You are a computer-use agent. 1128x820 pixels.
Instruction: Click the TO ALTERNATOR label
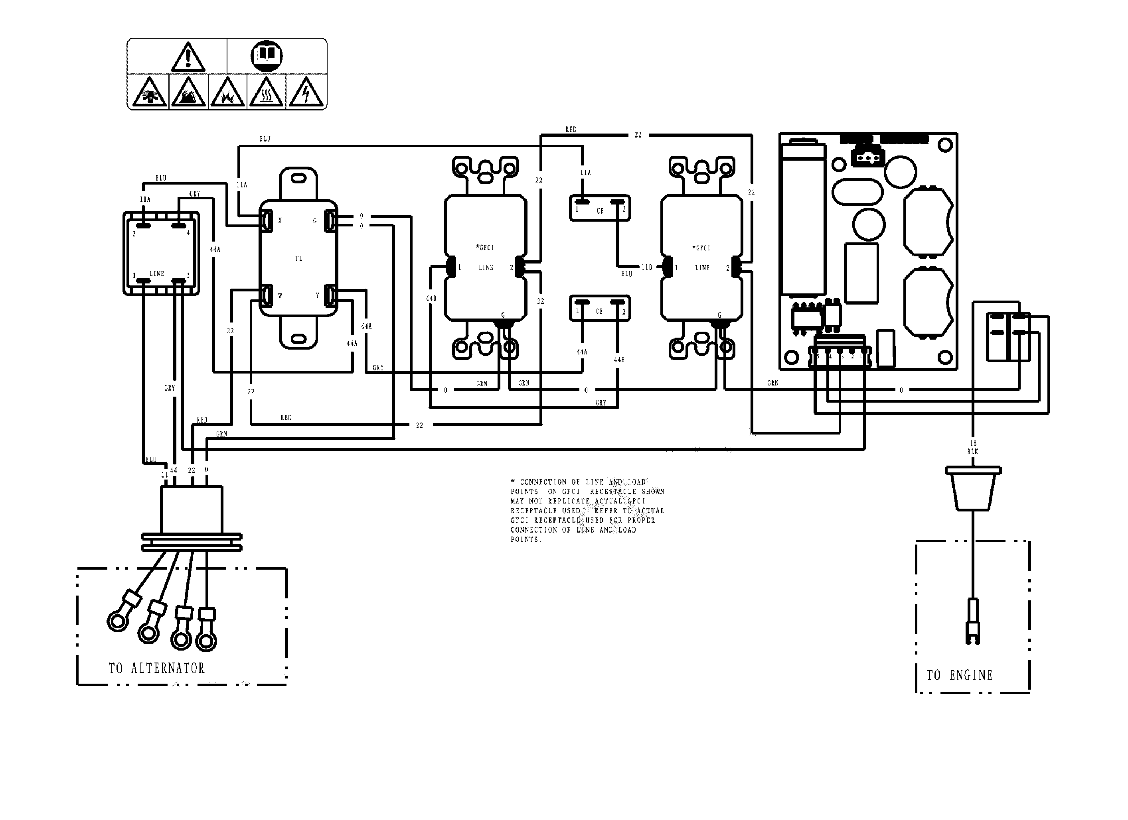coord(157,668)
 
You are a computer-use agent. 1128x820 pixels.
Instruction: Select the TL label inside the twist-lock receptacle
coord(298,258)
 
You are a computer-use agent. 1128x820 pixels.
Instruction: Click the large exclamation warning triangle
coord(188,57)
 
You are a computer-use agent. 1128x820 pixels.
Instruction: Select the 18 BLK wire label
coord(973,447)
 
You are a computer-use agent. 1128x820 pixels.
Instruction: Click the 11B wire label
coord(646,267)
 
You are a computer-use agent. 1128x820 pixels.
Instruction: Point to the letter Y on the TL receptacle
coord(317,295)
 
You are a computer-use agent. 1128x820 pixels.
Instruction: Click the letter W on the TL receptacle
coord(280,296)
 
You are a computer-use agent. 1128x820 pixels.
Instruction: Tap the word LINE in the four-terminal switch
coord(157,274)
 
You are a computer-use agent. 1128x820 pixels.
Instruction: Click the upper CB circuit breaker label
coord(600,211)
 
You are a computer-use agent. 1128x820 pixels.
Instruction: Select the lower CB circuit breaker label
coord(599,312)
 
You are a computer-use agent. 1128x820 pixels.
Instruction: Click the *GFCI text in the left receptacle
coord(485,248)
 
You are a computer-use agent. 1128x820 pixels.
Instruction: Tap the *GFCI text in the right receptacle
coord(701,248)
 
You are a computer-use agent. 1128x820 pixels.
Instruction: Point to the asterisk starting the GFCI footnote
coord(513,482)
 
